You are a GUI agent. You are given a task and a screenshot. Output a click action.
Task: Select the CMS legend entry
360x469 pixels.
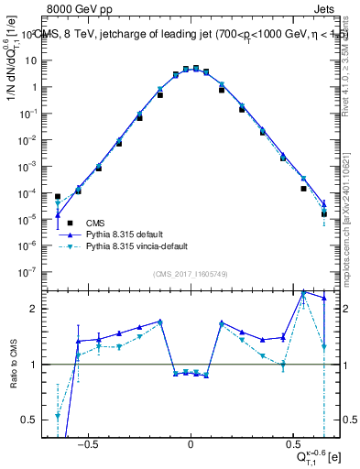click(95, 222)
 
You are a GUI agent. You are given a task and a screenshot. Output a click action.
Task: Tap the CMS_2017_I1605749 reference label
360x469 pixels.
click(189, 274)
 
